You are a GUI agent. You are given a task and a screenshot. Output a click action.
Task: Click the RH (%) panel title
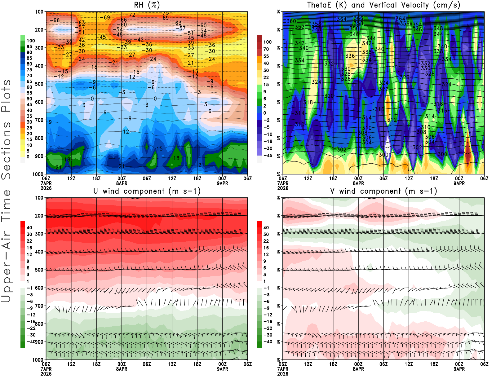pos(147,5)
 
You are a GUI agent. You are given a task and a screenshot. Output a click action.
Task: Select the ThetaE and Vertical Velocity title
pos(383,5)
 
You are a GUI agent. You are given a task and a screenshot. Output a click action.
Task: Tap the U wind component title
pos(147,191)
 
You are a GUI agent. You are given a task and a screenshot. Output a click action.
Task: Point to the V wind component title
pos(383,191)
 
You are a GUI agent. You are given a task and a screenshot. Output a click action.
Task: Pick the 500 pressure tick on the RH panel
pos(39,84)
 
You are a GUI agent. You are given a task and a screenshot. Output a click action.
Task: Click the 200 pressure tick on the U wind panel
pos(39,216)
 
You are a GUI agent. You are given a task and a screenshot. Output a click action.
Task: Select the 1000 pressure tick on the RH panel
pos(38,174)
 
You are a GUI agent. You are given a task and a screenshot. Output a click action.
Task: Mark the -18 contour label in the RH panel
pos(92,67)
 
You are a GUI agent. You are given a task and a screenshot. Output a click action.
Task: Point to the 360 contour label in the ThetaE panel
pos(291,21)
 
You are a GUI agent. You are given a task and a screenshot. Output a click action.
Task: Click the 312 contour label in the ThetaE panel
pos(392,120)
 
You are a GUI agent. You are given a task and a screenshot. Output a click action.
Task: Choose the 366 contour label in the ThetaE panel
pos(358,18)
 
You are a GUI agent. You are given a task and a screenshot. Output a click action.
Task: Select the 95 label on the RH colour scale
pos(29,46)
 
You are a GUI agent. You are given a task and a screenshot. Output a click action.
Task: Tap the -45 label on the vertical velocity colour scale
pos(268,156)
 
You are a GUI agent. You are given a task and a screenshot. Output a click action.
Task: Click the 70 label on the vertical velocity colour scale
pos(266,49)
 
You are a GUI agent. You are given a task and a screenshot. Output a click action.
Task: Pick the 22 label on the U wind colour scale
pos(29,241)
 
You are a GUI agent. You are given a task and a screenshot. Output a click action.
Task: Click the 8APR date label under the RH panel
pos(122,183)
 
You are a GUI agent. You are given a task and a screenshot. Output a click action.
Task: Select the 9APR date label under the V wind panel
pos(459,369)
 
